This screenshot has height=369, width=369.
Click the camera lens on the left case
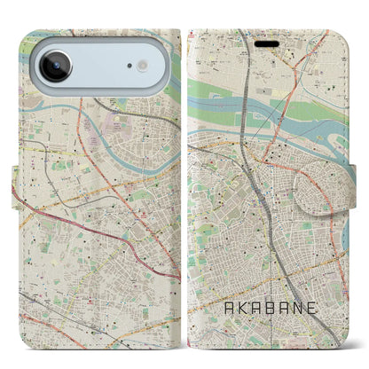pyautogui.click(x=55, y=66)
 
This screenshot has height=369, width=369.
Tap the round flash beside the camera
pyautogui.click(x=141, y=67)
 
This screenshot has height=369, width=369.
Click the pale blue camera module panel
pyautogui.click(x=98, y=66)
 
